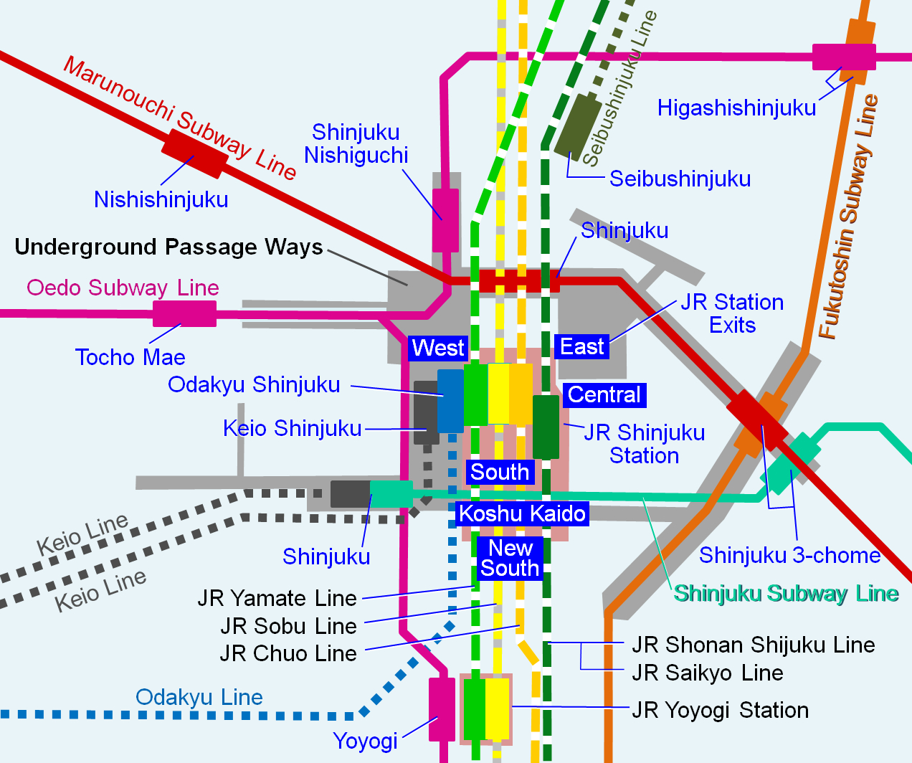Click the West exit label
(438, 349)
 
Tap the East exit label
(581, 347)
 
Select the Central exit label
(604, 395)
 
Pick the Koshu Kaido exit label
(522, 513)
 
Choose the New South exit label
(510, 558)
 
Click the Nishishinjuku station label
(161, 199)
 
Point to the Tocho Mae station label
(130, 357)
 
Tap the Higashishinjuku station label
(736, 108)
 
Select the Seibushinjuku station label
(680, 179)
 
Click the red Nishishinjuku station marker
(194, 153)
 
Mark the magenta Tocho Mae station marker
(184, 313)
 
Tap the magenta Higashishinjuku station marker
(844, 57)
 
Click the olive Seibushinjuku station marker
(578, 126)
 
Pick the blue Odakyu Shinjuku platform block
(450, 401)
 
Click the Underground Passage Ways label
(168, 247)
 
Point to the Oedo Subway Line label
(123, 288)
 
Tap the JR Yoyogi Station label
(720, 710)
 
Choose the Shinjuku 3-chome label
(789, 555)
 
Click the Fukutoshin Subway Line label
(850, 215)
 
